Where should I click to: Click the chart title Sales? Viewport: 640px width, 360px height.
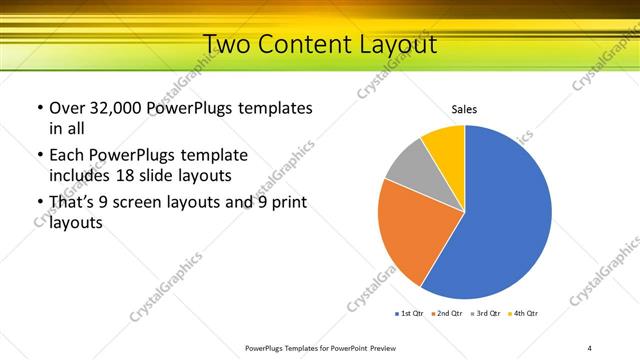tap(464, 109)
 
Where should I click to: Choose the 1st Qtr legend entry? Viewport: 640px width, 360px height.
tap(409, 313)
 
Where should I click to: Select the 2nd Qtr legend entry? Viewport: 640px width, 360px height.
tap(447, 313)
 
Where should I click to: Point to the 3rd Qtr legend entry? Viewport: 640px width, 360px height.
tap(485, 313)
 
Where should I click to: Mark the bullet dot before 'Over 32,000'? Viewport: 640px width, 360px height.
tap(39, 108)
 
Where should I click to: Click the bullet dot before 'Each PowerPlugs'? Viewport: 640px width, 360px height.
tap(39, 156)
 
